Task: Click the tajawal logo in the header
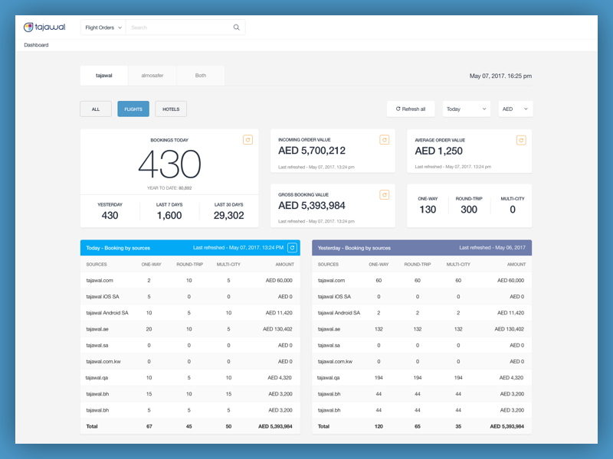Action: [44, 28]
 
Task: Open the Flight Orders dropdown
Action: [103, 28]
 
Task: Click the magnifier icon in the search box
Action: [236, 28]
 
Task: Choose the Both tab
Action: [201, 76]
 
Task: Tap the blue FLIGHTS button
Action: [133, 109]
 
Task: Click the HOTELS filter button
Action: [171, 109]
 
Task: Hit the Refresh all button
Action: [411, 109]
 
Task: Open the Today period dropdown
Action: [466, 109]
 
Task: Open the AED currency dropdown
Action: [516, 109]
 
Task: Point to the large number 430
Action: [169, 164]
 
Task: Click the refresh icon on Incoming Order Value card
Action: [385, 140]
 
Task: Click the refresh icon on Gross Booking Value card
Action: [385, 195]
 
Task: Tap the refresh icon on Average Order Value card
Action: [521, 140]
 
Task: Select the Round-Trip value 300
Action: [469, 210]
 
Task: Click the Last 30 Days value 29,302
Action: [228, 216]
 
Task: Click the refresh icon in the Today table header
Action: [292, 248]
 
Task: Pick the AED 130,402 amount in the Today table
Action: [278, 329]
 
